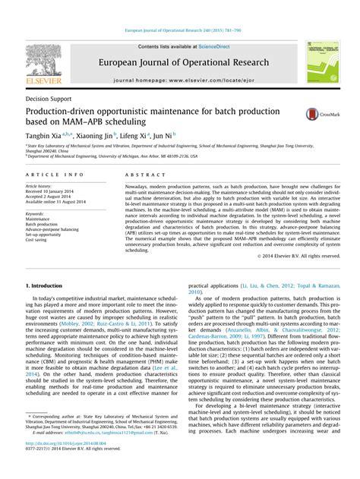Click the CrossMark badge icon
pos(317,114)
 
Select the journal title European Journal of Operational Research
pos(178,61)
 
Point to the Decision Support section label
pos(47,99)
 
